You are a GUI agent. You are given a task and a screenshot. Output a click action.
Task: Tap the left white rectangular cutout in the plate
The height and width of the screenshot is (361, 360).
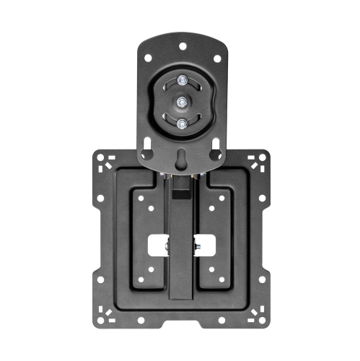pos(159,245)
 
